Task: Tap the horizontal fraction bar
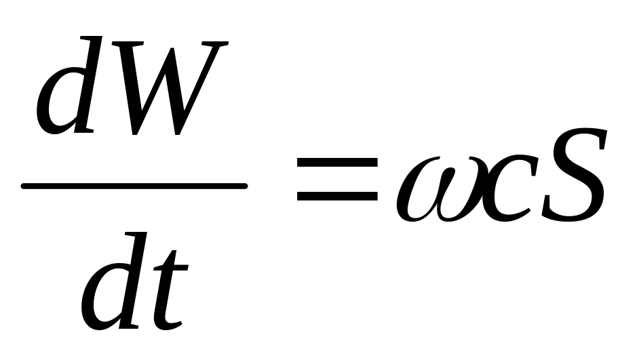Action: [134, 185]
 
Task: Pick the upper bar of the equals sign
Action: [336, 163]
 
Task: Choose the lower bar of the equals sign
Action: [336, 196]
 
